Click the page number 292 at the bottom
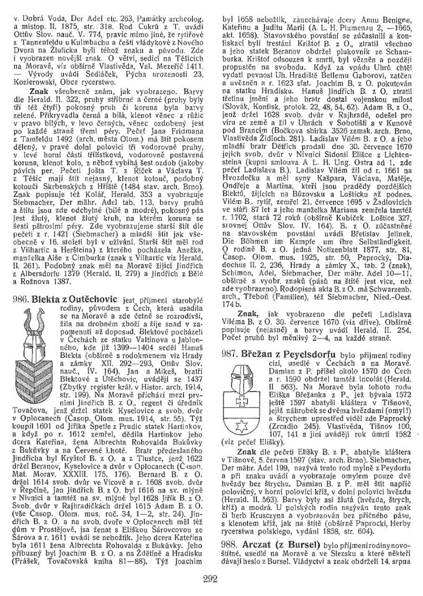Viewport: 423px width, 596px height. click(211, 579)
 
